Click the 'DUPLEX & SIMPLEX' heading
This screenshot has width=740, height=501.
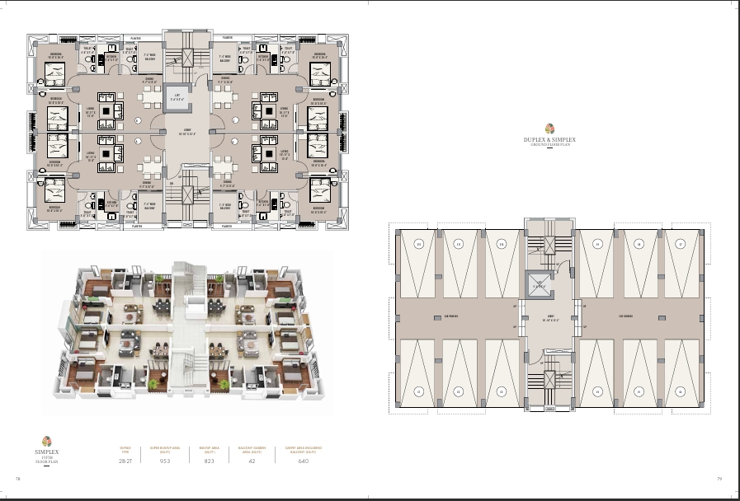pyautogui.click(x=549, y=140)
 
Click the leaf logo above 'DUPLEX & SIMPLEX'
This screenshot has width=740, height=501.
pyautogui.click(x=549, y=128)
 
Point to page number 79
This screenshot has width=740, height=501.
pyautogui.click(x=719, y=479)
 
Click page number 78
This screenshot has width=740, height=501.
pyautogui.click(x=17, y=479)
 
